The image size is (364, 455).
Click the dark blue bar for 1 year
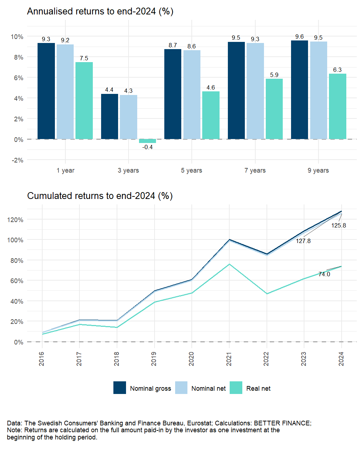pos(46,91)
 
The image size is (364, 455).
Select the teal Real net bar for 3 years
pos(147,141)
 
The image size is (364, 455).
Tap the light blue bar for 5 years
pos(192,95)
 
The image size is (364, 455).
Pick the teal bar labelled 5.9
pos(274,109)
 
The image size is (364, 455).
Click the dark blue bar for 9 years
pos(299,90)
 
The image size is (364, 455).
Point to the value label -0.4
pos(147,147)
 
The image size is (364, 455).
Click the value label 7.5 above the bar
pos(84,58)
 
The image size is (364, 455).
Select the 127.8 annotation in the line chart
pos(303,241)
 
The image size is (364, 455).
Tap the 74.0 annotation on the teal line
pos(324,274)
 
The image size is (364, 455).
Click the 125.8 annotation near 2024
pos(339,225)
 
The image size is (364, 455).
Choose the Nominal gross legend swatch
pos(120,388)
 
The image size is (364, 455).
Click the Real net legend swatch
pos(236,388)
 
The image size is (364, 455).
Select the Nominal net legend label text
pos(208,389)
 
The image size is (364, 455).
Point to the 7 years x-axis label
pos(255,170)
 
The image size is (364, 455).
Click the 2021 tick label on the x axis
pos(229,359)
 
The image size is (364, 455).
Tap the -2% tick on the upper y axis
pos(17,160)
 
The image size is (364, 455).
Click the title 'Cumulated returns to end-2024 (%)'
pos(100,196)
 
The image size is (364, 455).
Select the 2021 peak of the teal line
pos(229,264)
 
